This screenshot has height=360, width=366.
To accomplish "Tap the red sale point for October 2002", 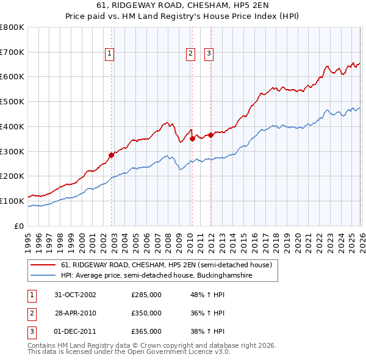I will [x=112, y=155].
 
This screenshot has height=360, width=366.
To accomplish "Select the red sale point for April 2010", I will [x=192, y=139].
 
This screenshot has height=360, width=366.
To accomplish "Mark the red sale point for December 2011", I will [x=210, y=135].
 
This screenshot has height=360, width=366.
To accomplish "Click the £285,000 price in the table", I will [x=146, y=295].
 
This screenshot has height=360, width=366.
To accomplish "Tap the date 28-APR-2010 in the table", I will [x=76, y=313].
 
